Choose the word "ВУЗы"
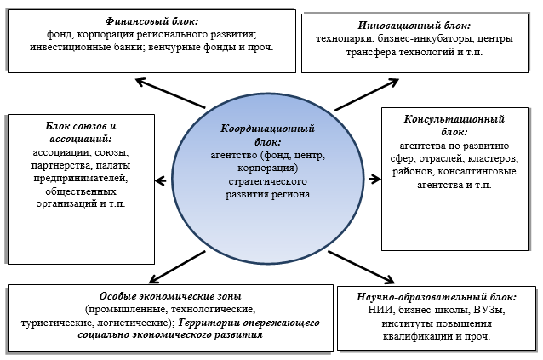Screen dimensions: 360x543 [486, 310]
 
